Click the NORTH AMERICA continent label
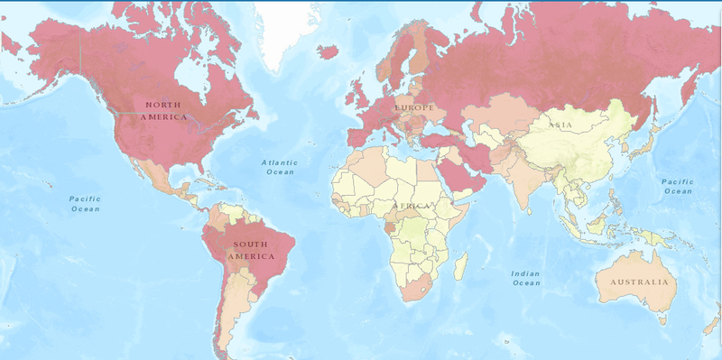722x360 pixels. [x=163, y=111]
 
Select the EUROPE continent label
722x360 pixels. [x=413, y=107]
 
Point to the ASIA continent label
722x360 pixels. [x=559, y=125]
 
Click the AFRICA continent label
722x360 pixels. [x=412, y=207]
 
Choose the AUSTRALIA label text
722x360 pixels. [x=639, y=282]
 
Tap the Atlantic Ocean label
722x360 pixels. [x=278, y=167]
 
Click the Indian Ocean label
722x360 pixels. [x=525, y=278]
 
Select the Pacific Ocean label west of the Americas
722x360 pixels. [x=86, y=203]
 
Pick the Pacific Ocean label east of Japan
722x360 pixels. [x=677, y=186]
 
